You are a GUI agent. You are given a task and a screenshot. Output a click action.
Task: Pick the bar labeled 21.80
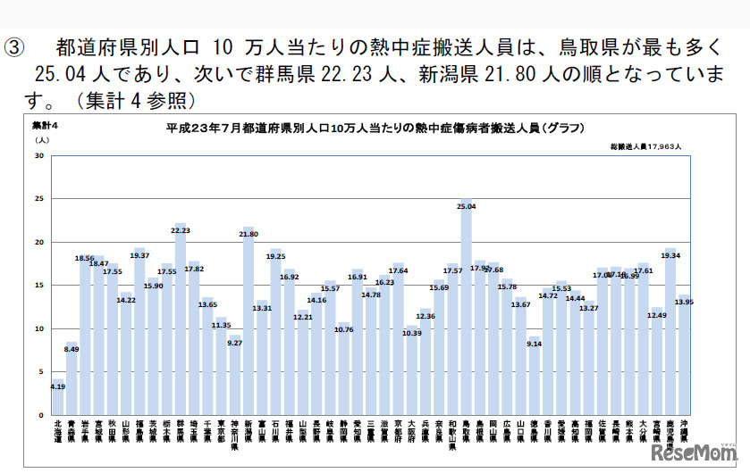pyautogui.click(x=248, y=321)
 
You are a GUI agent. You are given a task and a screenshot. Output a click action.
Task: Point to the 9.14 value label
pyautogui.click(x=535, y=343)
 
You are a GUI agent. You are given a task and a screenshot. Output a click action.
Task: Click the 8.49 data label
pyautogui.click(x=73, y=349)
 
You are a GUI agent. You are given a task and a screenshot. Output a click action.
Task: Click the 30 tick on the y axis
pyautogui.click(x=38, y=156)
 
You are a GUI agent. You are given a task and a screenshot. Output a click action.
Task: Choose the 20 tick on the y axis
pyautogui.click(x=38, y=243)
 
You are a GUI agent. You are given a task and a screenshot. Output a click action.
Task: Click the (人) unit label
pyautogui.click(x=41, y=139)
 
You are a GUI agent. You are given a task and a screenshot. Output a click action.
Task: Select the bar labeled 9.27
pyautogui.click(x=234, y=375)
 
